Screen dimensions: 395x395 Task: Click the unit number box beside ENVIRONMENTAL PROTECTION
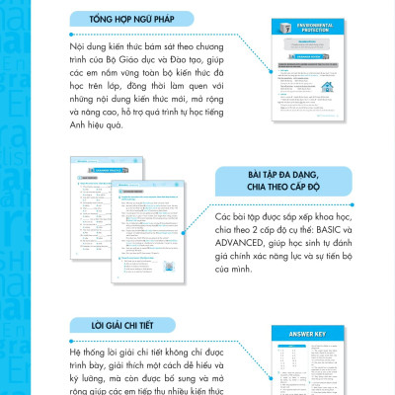pos(279,39)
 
